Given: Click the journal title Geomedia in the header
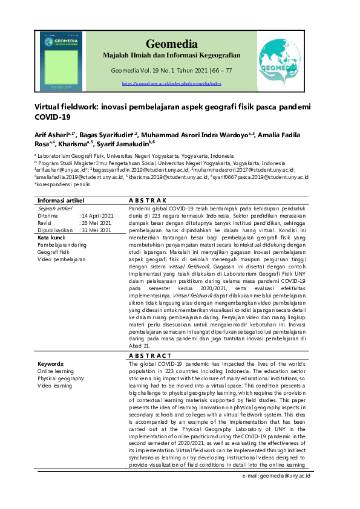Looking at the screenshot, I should pyautogui.click(x=171, y=44).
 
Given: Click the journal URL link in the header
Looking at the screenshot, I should pyautogui.click(x=171, y=84).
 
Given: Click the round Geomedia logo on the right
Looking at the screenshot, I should pyautogui.click(x=278, y=58).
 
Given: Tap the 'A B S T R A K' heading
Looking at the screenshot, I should pyautogui.click(x=148, y=199).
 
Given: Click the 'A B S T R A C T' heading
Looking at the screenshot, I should pyautogui.click(x=151, y=356).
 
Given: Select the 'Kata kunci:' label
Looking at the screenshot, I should pyautogui.click(x=51, y=238).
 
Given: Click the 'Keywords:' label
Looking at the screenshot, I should pyautogui.click(x=51, y=364).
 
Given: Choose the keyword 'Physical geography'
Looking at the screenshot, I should pyautogui.click(x=61, y=378).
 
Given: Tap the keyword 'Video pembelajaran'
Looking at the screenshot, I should pyautogui.click(x=61, y=259).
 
